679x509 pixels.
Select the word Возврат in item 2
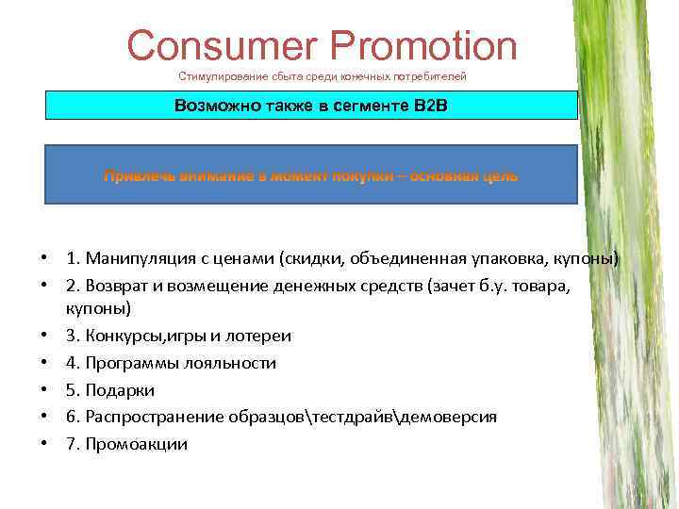tap(117, 285)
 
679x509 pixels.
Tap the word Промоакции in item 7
tap(136, 444)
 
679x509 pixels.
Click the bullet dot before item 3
tap(44, 337)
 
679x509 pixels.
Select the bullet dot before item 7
tap(44, 444)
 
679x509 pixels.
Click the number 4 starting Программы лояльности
tap(71, 363)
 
